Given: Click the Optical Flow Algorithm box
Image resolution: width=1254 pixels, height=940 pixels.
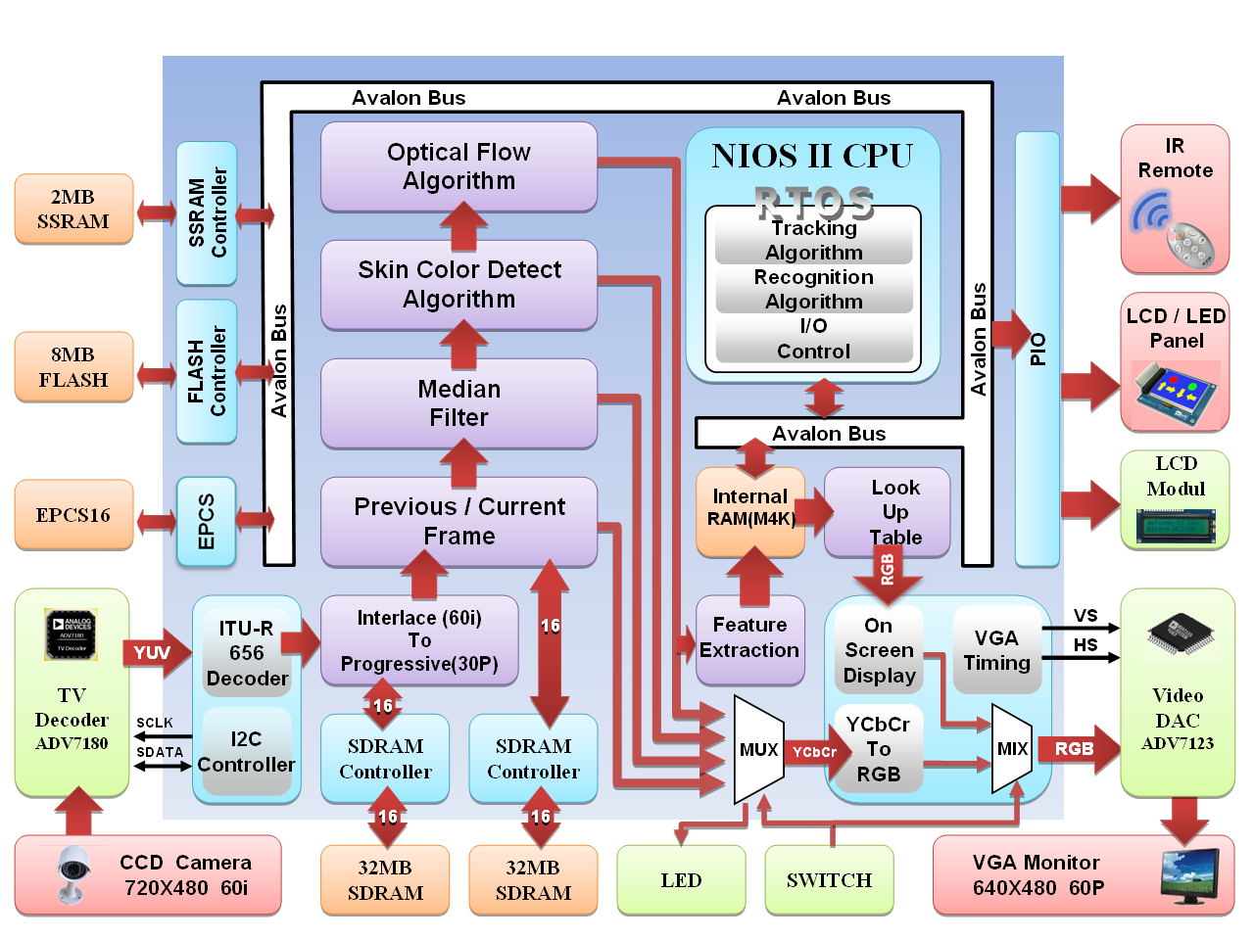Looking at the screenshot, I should (458, 166).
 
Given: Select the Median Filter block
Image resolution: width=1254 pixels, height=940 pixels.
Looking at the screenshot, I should (458, 403).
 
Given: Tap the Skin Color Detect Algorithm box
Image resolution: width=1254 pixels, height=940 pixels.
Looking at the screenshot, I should (458, 284).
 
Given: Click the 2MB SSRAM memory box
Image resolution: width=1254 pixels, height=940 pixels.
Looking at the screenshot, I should (73, 210).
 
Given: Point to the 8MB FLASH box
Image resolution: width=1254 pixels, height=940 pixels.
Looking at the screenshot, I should (73, 367).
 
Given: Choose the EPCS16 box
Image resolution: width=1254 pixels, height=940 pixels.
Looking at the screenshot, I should (73, 515).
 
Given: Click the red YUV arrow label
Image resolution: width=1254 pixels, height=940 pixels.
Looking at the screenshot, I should (153, 653).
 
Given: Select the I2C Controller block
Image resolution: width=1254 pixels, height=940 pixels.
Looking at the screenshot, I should (247, 752).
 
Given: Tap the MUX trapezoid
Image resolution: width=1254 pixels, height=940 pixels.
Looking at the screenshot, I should (758, 750).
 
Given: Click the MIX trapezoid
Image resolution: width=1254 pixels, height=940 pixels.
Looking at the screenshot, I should (1012, 749).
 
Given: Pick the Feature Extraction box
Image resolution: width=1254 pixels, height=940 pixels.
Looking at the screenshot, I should (749, 638).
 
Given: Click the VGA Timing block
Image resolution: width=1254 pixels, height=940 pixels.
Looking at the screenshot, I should (996, 650).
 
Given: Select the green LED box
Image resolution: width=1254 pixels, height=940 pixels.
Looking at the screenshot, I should (681, 880).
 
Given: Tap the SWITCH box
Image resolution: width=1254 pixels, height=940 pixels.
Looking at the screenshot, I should (829, 880).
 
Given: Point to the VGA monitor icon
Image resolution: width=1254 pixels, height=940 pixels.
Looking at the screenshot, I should (1189, 873).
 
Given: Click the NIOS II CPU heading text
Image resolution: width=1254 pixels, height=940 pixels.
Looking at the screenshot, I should (812, 157).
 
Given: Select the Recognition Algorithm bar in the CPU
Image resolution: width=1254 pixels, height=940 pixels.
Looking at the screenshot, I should (814, 289).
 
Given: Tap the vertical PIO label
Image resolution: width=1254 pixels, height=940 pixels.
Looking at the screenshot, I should (1037, 350).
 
